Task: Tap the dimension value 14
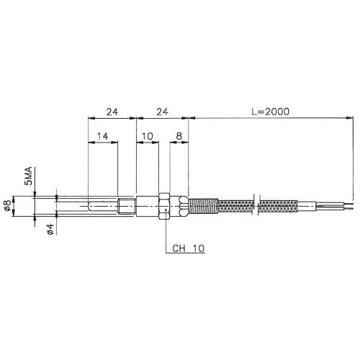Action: [x=102, y=135]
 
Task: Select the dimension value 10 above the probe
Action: [x=148, y=135]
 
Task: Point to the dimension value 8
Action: [x=179, y=135]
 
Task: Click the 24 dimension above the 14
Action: [x=112, y=112]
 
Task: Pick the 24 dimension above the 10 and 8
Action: [x=162, y=112]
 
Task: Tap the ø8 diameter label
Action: [x=6, y=206]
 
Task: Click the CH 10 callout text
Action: [x=188, y=250]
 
